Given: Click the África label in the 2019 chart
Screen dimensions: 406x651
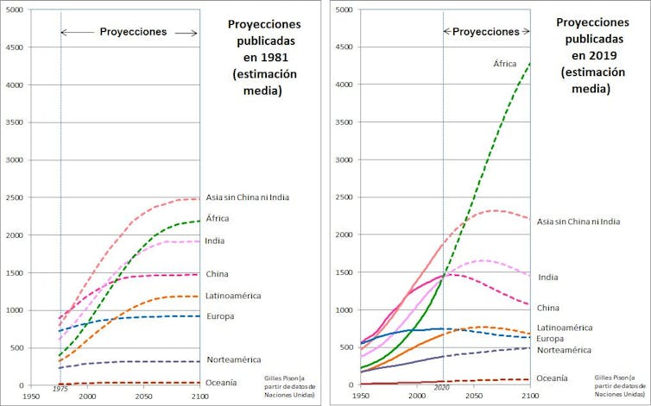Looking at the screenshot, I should pyautogui.click(x=506, y=64).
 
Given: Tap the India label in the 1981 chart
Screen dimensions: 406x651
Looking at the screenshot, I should pyautogui.click(x=217, y=241).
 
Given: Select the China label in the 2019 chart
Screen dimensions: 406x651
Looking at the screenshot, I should pyautogui.click(x=549, y=308).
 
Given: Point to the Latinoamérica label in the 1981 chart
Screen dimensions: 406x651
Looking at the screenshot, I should pyautogui.click(x=233, y=296).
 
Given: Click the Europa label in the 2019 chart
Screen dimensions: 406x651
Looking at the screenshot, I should pyautogui.click(x=551, y=339).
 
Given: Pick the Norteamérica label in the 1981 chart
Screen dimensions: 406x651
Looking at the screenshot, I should pyautogui.click(x=233, y=359).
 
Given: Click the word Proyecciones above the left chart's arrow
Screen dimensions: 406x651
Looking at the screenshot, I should pyautogui.click(x=132, y=31).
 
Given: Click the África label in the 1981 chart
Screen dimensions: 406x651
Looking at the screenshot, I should pyautogui.click(x=218, y=218).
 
